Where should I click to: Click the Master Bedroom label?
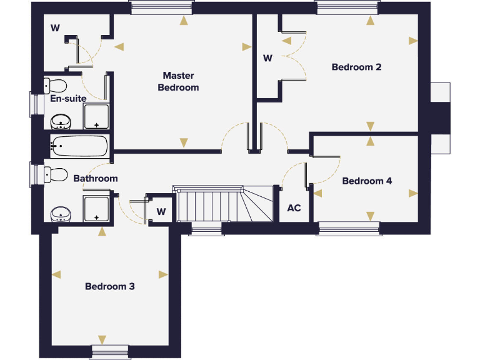pyautogui.click(x=178, y=81)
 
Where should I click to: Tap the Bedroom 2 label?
pyautogui.click(x=356, y=67)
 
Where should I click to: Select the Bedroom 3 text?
pyautogui.click(x=110, y=287)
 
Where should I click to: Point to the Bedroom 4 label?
pyautogui.click(x=367, y=181)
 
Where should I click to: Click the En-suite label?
pyautogui.click(x=68, y=98)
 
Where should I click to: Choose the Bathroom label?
pyautogui.click(x=96, y=179)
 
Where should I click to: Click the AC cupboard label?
pyautogui.click(x=294, y=208)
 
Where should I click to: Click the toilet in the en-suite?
pyautogui.click(x=56, y=85)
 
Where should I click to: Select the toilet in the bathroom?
pyautogui.click(x=56, y=174)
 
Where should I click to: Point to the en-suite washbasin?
pyautogui.click(x=61, y=121)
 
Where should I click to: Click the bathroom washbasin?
pyautogui.click(x=61, y=214)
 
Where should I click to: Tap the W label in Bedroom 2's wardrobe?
pyautogui.click(x=267, y=59)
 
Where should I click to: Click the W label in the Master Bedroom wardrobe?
pyautogui.click(x=55, y=27)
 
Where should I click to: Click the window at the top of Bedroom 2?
pyautogui.click(x=347, y=7)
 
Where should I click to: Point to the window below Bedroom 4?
pyautogui.click(x=349, y=228)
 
